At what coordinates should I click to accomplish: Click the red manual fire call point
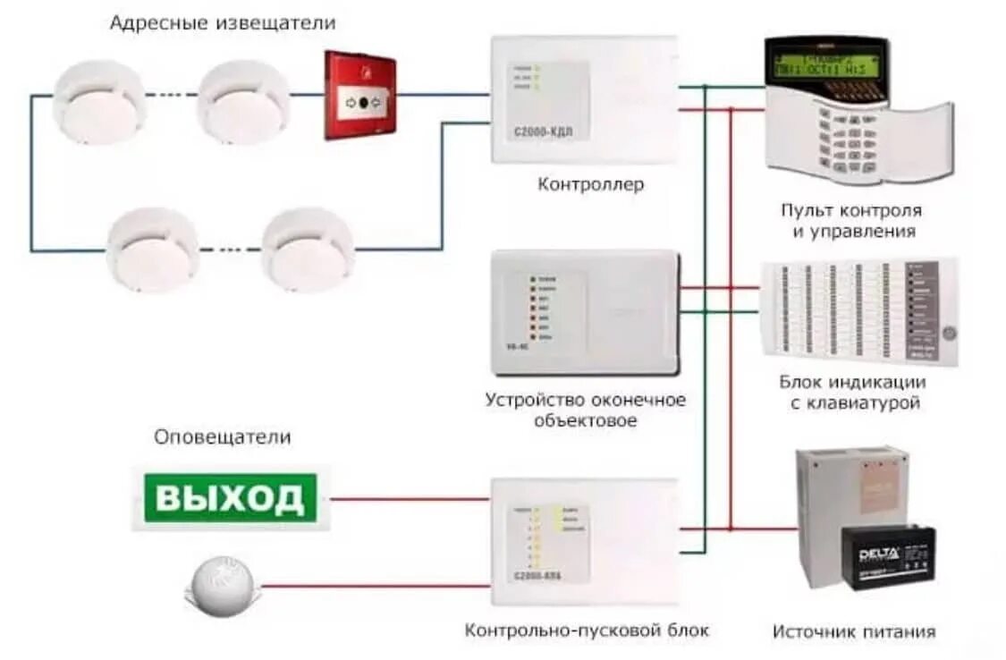[x=359, y=95]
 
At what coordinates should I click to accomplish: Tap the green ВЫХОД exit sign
[x=231, y=497]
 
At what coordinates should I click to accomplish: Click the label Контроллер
[x=590, y=185]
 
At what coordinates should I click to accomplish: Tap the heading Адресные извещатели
[x=223, y=23]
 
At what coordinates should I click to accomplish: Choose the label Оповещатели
[x=223, y=437]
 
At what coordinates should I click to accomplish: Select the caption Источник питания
[x=854, y=631]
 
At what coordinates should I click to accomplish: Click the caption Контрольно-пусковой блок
[x=587, y=630]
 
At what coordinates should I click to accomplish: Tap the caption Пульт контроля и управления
[x=850, y=221]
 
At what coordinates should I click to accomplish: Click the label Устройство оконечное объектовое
[x=586, y=410]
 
